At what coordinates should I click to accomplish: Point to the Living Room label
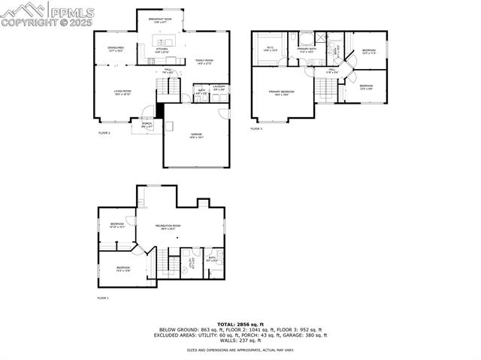pos(123,92)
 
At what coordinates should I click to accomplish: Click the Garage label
pos(196,135)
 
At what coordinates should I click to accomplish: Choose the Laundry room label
pos(219,88)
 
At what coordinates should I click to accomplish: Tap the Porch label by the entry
pos(147,125)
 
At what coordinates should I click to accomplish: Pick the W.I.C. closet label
pos(271,49)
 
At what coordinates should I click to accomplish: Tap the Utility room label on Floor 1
pos(191,262)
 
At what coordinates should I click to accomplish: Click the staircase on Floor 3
pos(325,89)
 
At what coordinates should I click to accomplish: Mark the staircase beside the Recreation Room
pos(160,262)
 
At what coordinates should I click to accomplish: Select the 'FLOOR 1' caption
pos(103,298)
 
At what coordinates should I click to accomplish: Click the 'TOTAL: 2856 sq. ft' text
pos(240,325)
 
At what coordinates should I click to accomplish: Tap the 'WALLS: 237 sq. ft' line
pos(240,340)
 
